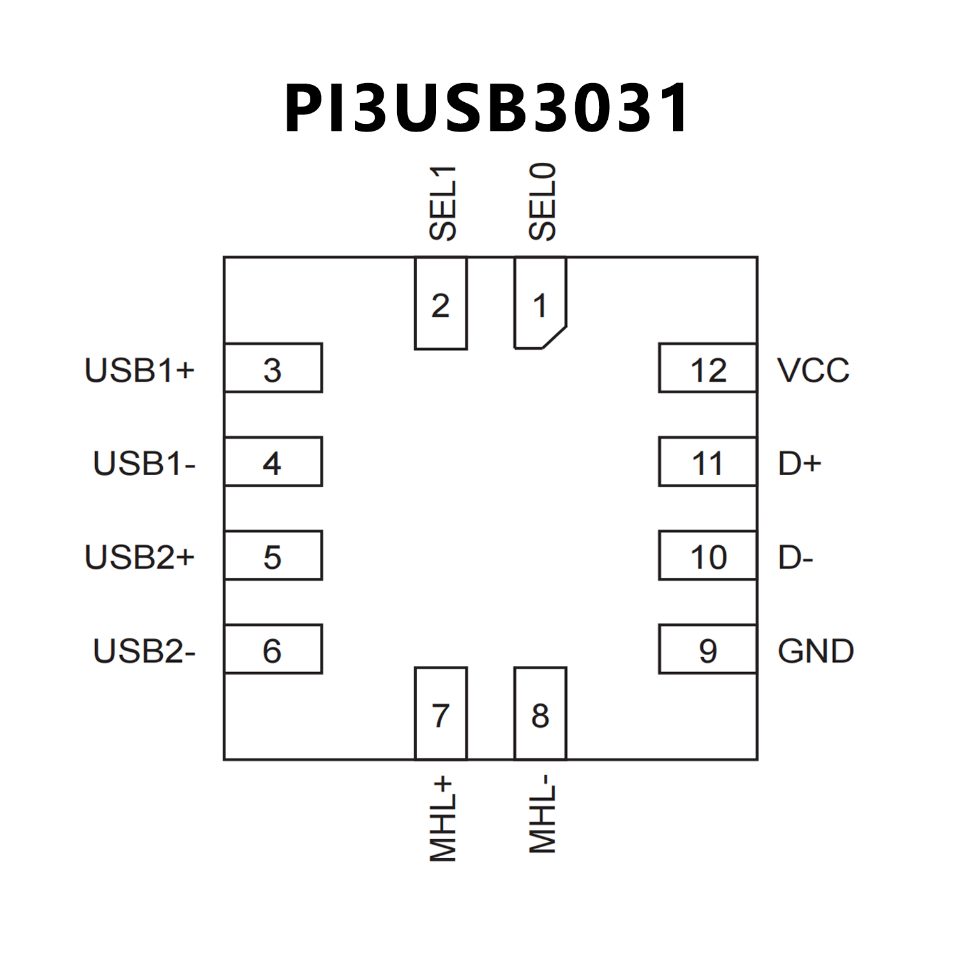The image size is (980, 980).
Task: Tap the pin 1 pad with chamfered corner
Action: coord(540,304)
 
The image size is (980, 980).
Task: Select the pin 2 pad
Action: coord(441,304)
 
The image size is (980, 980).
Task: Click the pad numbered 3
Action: coord(273,368)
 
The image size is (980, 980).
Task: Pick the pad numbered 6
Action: coord(273,649)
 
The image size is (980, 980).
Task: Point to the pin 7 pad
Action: coord(441,714)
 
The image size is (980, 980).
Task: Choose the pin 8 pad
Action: coord(540,714)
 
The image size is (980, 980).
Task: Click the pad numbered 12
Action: coord(707,368)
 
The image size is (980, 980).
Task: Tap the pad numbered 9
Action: coord(707,649)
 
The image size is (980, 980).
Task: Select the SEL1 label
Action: coord(443,203)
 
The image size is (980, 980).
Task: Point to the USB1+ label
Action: coord(140,370)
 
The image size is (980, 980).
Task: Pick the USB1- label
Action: coord(144,464)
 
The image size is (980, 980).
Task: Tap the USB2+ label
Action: coord(140,557)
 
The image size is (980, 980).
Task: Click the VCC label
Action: coord(813,370)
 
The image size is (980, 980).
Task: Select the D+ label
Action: coord(799,464)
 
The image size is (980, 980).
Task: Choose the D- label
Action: coord(795,557)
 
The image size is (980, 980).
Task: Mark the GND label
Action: coord(816,651)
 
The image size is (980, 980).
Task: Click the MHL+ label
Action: coord(443,820)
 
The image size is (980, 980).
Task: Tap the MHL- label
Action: coord(543,815)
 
